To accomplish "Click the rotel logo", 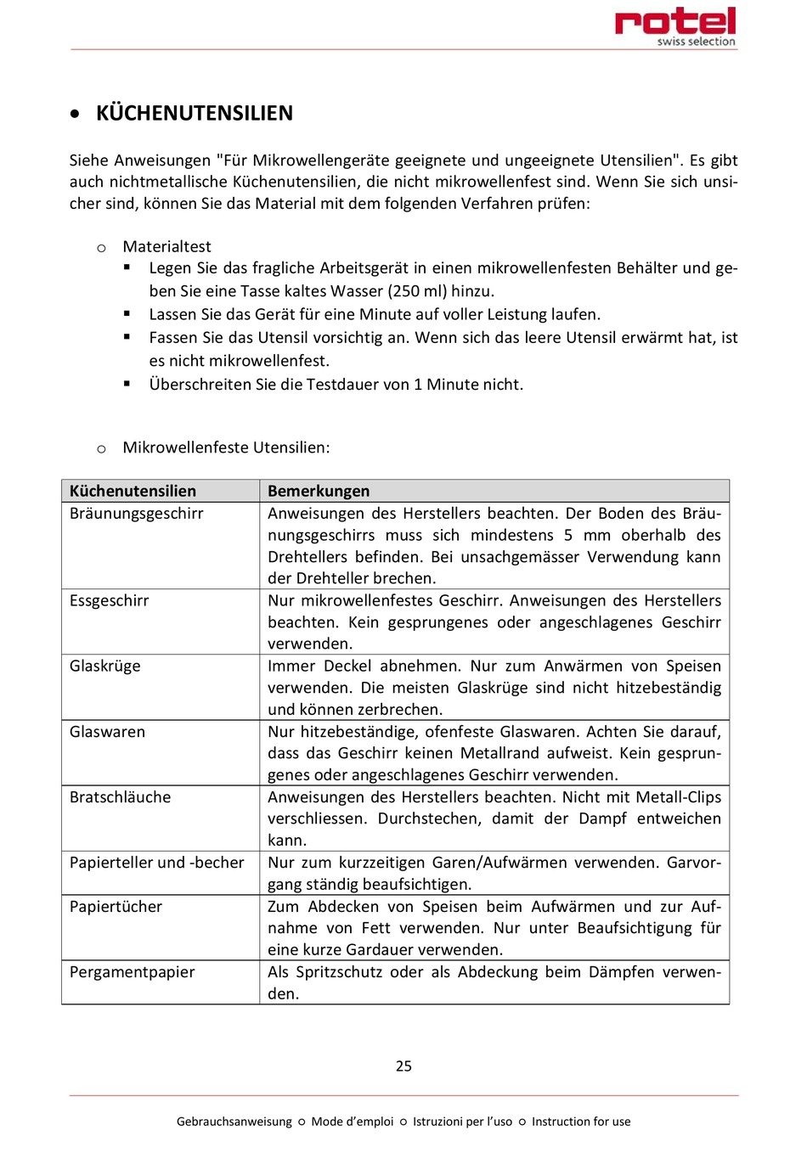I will pyautogui.click(x=675, y=25).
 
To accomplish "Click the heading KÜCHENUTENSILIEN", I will pyautogui.click(x=195, y=113).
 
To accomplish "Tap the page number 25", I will pyautogui.click(x=403, y=1066).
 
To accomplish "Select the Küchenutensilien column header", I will pyautogui.click(x=133, y=491).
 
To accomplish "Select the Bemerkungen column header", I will pyautogui.click(x=319, y=491).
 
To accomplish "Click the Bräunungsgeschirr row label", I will pyautogui.click(x=136, y=513).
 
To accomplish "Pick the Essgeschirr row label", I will pyautogui.click(x=109, y=600).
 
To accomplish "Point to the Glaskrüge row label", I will pyautogui.click(x=105, y=666).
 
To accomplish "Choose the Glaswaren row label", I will pyautogui.click(x=107, y=731).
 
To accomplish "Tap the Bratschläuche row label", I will pyautogui.click(x=120, y=796).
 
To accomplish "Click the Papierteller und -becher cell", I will pyautogui.click(x=156, y=862).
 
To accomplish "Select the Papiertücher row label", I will pyautogui.click(x=116, y=906).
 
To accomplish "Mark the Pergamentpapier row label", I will pyautogui.click(x=132, y=971).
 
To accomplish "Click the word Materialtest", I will pyautogui.click(x=166, y=246).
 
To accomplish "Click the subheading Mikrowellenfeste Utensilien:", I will pyautogui.click(x=226, y=447).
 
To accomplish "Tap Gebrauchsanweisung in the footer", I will pyautogui.click(x=234, y=1122).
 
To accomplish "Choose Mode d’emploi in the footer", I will pyautogui.click(x=352, y=1122).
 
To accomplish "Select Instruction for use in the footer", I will pyautogui.click(x=581, y=1122).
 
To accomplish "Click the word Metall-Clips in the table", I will pyautogui.click(x=678, y=796).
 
